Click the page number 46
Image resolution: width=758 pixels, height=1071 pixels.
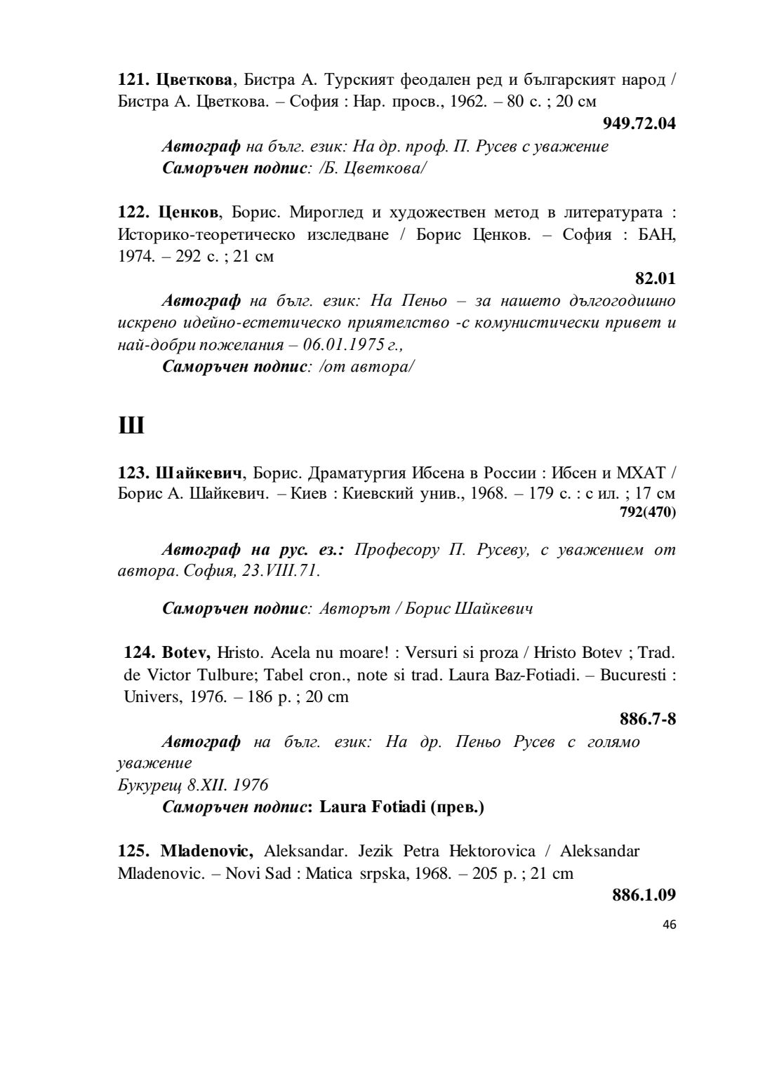click(669, 924)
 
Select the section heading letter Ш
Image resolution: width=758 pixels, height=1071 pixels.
click(131, 425)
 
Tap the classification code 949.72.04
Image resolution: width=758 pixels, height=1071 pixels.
click(639, 124)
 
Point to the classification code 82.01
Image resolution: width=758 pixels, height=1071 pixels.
click(656, 278)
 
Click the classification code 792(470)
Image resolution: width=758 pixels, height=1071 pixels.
click(648, 513)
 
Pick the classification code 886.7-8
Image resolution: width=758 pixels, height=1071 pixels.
click(648, 719)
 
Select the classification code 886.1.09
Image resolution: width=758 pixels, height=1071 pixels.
click(644, 895)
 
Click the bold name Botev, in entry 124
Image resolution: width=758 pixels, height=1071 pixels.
click(186, 652)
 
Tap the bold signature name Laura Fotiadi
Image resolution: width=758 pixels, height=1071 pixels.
click(373, 807)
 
